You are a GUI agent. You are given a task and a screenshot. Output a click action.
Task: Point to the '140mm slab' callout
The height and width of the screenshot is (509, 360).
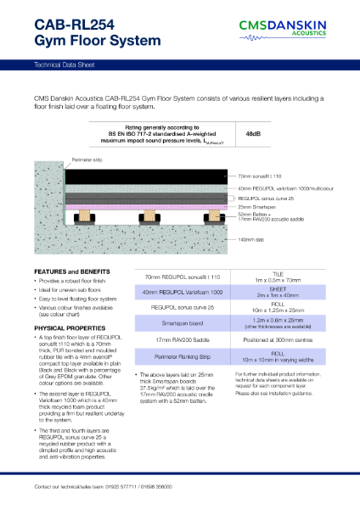256,242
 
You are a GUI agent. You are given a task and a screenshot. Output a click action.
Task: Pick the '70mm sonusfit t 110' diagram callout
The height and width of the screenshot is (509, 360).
266,176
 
